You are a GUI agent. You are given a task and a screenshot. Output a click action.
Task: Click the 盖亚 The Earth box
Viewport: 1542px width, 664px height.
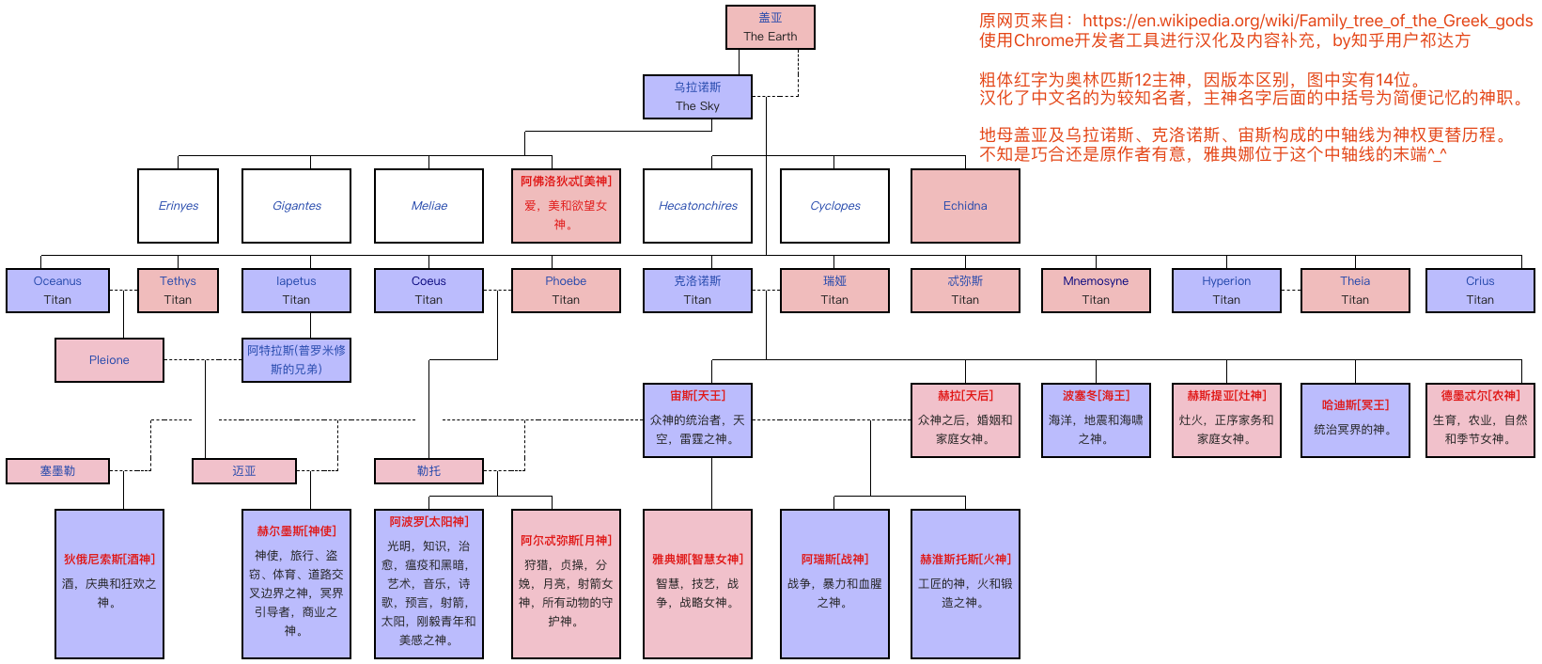[770, 27]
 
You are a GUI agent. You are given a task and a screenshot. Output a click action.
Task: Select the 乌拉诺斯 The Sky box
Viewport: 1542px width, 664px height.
[697, 97]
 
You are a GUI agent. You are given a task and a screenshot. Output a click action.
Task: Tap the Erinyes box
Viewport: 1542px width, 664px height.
[178, 206]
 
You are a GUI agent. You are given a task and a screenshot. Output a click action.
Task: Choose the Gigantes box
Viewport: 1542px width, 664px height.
[296, 206]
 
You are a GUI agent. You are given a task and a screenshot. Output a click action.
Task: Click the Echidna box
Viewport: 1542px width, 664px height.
[965, 206]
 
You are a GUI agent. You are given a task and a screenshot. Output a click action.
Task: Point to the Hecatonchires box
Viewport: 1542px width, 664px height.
[697, 206]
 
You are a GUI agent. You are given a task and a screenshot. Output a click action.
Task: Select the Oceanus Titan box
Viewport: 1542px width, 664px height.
[57, 291]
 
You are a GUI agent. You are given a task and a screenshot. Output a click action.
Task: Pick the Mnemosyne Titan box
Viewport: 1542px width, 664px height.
[1096, 291]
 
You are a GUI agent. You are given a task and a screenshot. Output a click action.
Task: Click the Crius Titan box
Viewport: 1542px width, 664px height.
[1480, 291]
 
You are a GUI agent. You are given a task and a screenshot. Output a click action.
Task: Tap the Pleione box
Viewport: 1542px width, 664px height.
[109, 360]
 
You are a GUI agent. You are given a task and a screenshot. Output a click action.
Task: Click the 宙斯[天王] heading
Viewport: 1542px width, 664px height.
[697, 396]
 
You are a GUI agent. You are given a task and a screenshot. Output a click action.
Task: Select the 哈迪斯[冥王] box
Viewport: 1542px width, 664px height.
[1355, 420]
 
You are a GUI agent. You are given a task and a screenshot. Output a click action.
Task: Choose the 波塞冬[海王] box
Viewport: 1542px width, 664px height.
[1096, 420]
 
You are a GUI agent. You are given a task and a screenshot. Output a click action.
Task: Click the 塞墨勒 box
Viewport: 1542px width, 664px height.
[57, 471]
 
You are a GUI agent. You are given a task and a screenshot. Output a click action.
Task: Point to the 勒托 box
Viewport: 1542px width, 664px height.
[428, 471]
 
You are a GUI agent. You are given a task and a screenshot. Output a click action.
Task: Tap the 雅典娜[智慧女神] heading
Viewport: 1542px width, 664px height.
[697, 560]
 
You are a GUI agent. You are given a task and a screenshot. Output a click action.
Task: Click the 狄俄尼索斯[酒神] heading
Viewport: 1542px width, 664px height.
[109, 560]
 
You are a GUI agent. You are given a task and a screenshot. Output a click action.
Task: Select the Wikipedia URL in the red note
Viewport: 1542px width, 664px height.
[1307, 21]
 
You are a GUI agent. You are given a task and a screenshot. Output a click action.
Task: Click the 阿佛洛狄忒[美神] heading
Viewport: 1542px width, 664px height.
[566, 182]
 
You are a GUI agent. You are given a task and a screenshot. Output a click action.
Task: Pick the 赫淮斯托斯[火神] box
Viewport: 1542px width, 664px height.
[965, 584]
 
